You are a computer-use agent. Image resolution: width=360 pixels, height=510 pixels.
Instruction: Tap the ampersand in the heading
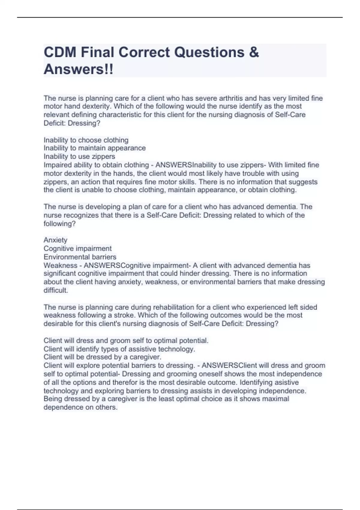(254, 52)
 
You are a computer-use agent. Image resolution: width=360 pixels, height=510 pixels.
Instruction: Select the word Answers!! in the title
(79, 69)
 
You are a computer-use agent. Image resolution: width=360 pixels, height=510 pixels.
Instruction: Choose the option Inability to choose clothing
(86, 140)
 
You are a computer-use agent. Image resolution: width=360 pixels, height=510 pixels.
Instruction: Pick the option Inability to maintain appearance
(94, 148)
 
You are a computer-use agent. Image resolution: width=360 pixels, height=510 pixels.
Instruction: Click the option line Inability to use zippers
(79, 156)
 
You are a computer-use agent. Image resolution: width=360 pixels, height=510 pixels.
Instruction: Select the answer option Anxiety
(55, 240)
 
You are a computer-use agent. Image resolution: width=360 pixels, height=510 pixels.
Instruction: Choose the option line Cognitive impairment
(77, 248)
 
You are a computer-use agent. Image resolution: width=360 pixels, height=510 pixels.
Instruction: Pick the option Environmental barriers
(80, 257)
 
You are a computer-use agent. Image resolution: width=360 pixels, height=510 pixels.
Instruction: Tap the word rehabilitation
(174, 307)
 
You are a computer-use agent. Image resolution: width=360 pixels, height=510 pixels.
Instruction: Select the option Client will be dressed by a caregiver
(102, 357)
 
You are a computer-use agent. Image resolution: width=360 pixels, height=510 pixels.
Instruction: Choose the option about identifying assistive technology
(119, 349)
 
